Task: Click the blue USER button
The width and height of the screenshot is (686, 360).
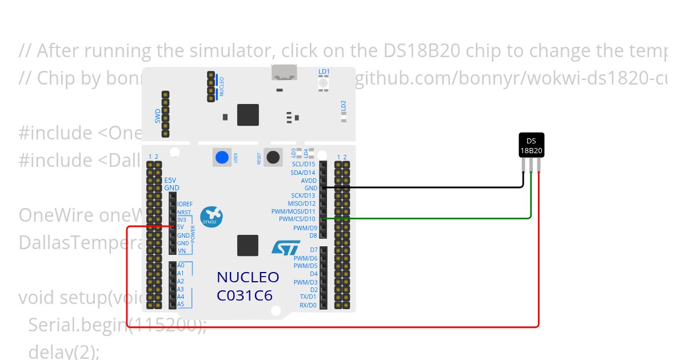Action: coord(222,157)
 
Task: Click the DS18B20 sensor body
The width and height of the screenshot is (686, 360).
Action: coord(531,146)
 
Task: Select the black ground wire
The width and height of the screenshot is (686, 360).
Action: coord(423,187)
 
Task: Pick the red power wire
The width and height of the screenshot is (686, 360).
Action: coord(332,327)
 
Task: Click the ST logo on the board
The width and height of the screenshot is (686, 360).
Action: coord(285,247)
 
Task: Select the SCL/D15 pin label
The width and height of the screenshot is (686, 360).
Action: coord(303,165)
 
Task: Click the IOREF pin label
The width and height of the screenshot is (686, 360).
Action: coord(185,204)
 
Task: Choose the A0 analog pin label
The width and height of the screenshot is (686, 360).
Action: coord(181,265)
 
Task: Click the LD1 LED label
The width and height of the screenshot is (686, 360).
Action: coord(324,72)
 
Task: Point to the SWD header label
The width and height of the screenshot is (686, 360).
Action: coord(158,116)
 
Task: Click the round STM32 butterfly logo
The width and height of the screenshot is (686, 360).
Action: coord(212,217)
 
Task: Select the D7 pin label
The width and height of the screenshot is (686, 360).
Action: coord(313,250)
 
